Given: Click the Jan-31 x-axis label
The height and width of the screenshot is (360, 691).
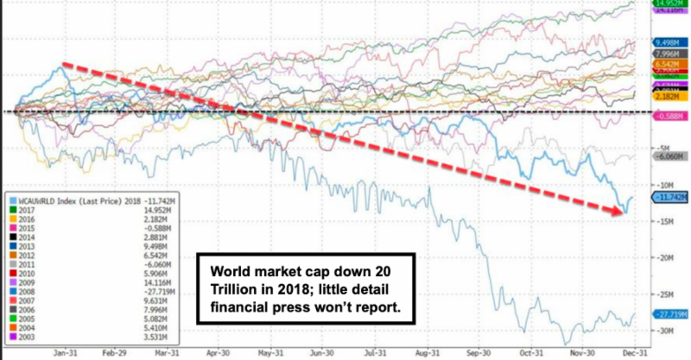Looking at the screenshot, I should coord(63,353).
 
